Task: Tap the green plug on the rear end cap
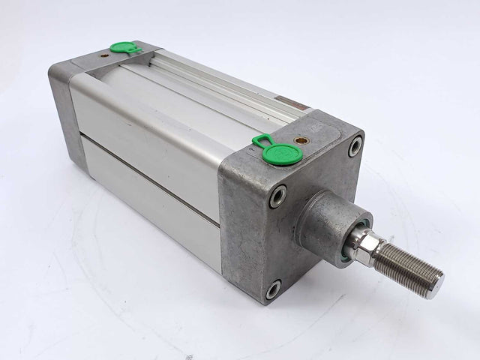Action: [x=123, y=48]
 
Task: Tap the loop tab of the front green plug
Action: [x=262, y=140]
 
